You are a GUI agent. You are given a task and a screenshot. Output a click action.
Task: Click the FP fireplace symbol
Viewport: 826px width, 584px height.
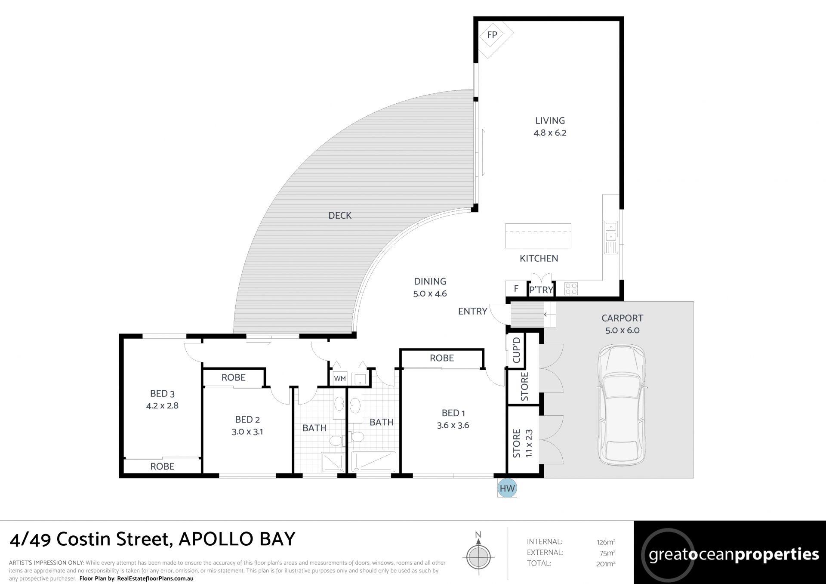(x=492, y=35)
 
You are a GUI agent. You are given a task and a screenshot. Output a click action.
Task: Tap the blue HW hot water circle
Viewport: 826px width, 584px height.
(x=507, y=488)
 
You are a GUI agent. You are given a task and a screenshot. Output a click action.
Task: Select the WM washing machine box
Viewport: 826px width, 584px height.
(x=340, y=379)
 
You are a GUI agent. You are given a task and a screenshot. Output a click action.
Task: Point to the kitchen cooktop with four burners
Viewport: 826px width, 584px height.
(x=570, y=288)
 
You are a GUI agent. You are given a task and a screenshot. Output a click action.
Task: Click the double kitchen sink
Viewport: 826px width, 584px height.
(x=611, y=232)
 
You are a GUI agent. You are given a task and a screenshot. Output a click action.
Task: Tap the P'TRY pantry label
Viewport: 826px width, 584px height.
(x=541, y=290)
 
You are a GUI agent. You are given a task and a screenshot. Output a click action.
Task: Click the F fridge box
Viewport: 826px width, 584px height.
(x=516, y=288)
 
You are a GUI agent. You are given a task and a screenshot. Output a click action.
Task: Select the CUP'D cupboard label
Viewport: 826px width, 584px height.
(x=517, y=350)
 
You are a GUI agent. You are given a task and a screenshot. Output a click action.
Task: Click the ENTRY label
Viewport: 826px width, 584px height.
(x=472, y=311)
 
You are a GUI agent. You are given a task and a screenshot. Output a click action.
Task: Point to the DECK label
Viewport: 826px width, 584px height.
(x=340, y=215)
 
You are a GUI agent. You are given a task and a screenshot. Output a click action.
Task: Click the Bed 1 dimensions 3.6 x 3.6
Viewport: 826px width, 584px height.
(x=453, y=425)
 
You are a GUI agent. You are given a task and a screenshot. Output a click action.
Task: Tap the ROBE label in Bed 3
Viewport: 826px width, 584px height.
(x=162, y=466)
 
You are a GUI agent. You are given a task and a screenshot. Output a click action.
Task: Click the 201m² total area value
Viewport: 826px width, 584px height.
(x=606, y=563)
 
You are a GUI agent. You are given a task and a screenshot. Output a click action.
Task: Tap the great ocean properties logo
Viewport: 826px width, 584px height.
(x=730, y=553)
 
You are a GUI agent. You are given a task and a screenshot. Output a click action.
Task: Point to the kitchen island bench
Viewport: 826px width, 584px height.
(x=538, y=235)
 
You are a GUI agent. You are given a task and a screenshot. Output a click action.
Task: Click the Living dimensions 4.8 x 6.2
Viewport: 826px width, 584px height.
(x=550, y=133)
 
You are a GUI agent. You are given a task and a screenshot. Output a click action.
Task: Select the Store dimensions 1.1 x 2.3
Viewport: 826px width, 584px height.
(x=529, y=443)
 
